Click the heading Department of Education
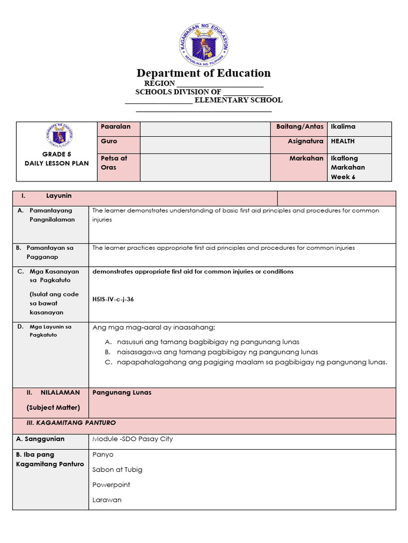point(203,73)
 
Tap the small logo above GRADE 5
point(59,136)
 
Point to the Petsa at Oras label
point(114,163)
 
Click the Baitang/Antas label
point(300,127)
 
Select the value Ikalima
point(343,127)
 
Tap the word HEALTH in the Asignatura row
point(343,142)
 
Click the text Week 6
point(343,177)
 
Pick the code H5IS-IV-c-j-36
point(113,299)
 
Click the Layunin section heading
point(58,196)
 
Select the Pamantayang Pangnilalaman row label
point(52,215)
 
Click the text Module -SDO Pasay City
point(132,439)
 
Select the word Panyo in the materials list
point(103,454)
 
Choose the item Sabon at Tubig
point(117,469)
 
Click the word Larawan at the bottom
point(107,500)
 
